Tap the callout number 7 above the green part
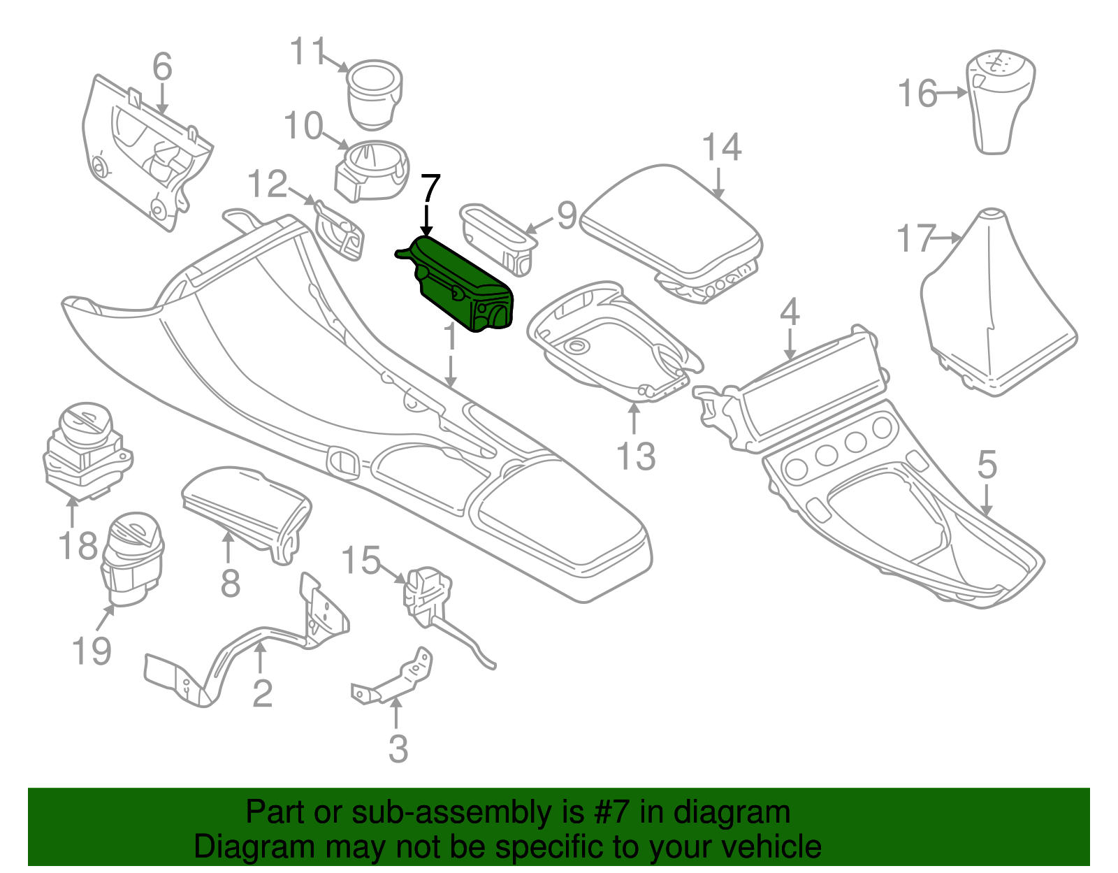coord(430,190)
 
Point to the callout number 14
coord(721,148)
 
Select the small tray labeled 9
coord(498,238)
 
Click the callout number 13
coord(636,456)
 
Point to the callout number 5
coord(987,464)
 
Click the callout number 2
coord(262,693)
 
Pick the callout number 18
coord(78,546)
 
